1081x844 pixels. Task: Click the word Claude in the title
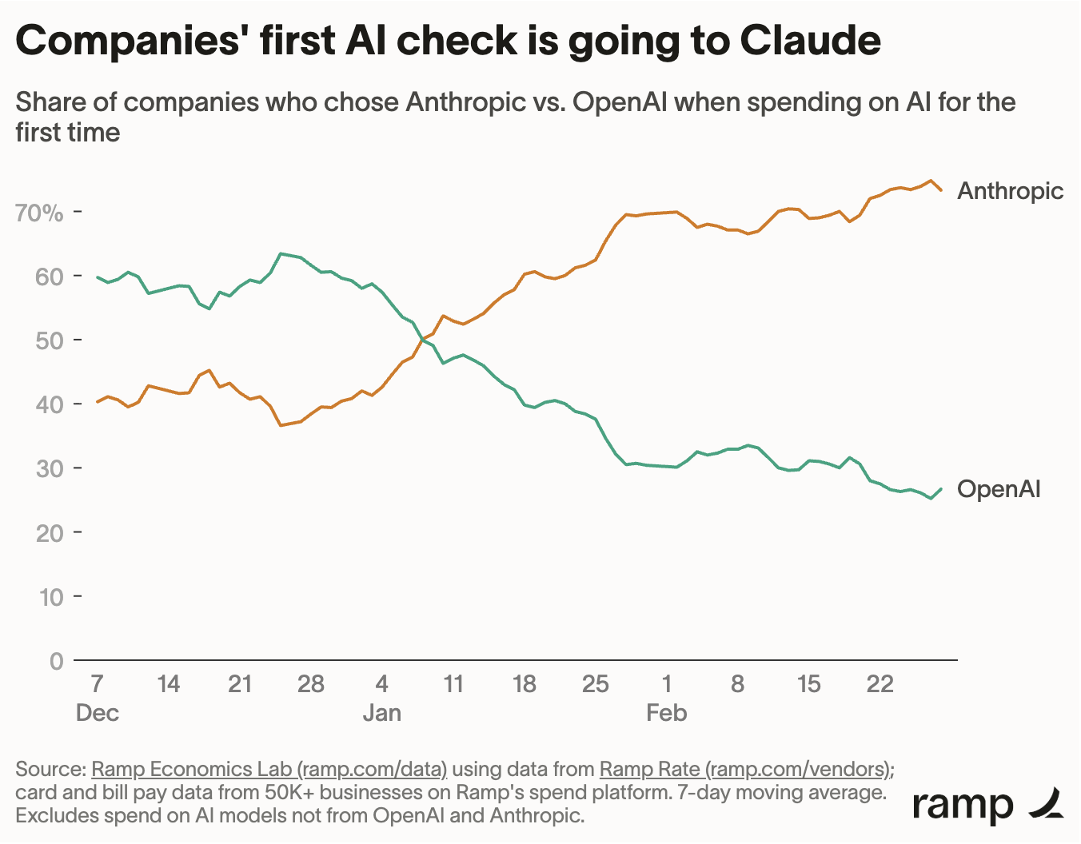tap(810, 40)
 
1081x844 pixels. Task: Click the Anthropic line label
tap(1010, 191)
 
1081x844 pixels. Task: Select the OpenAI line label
tap(999, 489)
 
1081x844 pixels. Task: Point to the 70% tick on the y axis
tap(39, 213)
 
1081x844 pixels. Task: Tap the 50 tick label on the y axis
tap(50, 340)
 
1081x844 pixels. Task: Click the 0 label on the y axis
tap(56, 661)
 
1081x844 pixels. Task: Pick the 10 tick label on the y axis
tap(50, 597)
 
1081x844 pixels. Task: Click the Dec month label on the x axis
tap(97, 713)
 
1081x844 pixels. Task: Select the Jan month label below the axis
tap(381, 713)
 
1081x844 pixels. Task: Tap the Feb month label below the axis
tap(666, 713)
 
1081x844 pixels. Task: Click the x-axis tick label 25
tap(595, 684)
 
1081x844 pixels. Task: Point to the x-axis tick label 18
tap(524, 684)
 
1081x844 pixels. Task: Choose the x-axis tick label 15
tap(808, 684)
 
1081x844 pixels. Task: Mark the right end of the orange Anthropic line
tap(941, 190)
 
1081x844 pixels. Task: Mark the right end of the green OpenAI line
tap(941, 488)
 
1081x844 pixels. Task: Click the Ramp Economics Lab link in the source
tap(269, 770)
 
